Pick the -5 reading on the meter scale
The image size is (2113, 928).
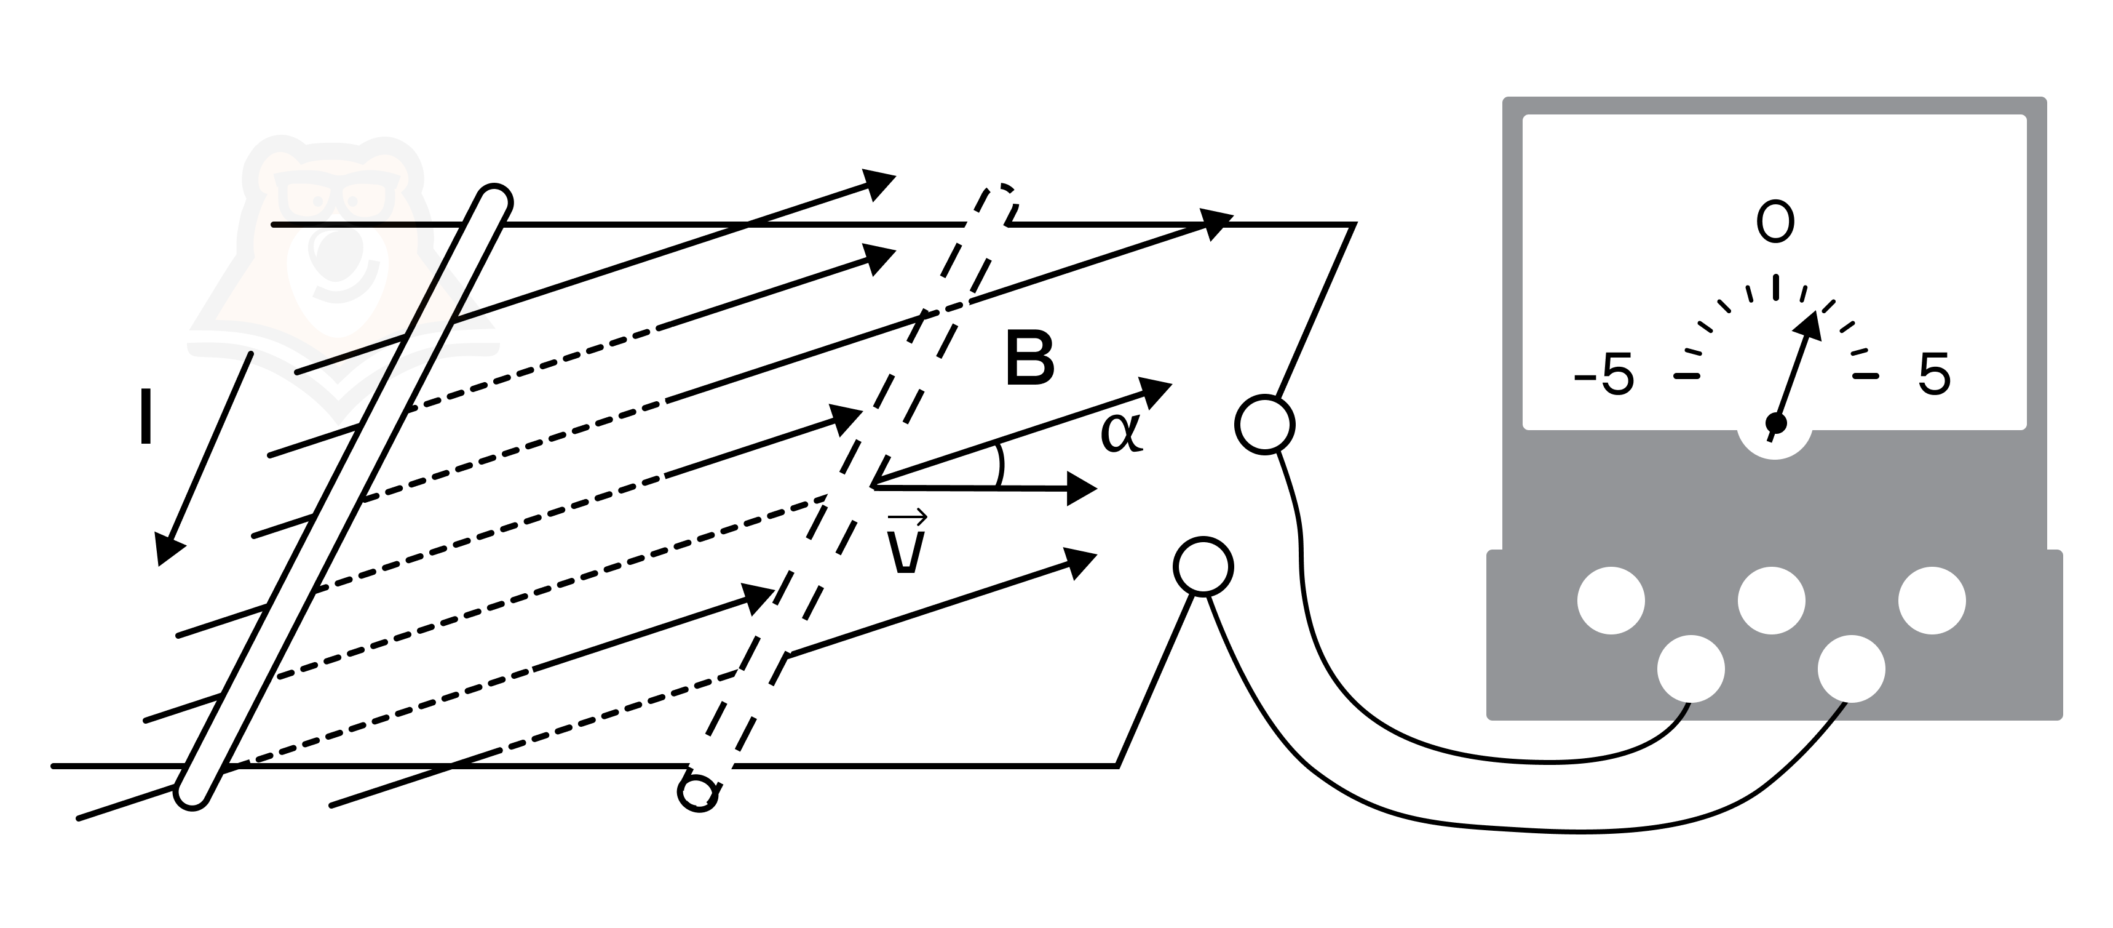tap(1604, 375)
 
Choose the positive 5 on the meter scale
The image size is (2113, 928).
tap(1934, 375)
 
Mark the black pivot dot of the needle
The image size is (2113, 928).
tap(1776, 423)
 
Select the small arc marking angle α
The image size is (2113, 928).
tap(1000, 465)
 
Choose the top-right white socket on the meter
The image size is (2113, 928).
tap(1932, 601)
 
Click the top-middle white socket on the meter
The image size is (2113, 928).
tap(1772, 601)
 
